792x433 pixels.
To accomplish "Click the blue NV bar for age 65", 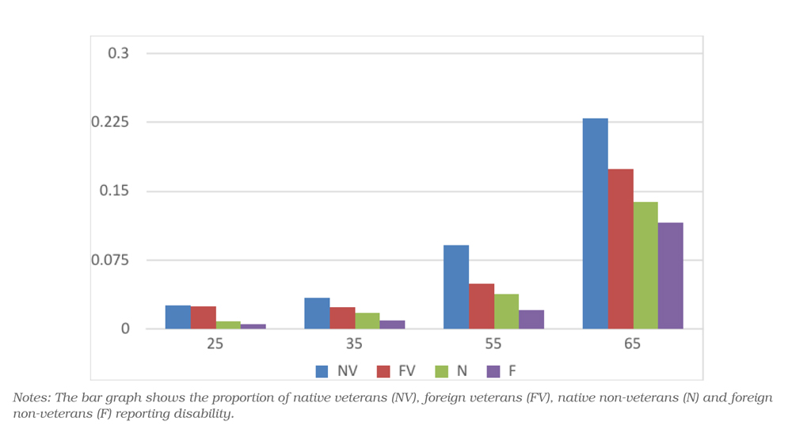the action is point(595,223).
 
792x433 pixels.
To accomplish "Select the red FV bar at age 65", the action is point(620,249).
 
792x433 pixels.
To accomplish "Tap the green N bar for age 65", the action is point(645,265).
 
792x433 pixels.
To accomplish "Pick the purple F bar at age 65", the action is point(670,275).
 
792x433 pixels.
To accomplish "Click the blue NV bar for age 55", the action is point(456,287).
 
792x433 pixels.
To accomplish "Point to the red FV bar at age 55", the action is point(482,306).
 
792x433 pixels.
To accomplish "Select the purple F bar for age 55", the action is point(531,320).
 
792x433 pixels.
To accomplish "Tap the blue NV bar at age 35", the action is point(317,313).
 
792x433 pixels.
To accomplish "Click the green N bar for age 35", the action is point(367,321).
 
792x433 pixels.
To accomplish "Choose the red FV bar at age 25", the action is point(203,317).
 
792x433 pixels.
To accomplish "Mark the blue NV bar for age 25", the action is point(177,317).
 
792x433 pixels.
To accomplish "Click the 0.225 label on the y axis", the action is point(110,122).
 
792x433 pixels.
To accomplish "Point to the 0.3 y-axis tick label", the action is point(119,53).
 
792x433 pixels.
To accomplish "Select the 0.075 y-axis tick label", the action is point(110,260).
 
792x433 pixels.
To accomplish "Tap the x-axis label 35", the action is point(354,344).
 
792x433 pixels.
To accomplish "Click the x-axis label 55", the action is point(493,344).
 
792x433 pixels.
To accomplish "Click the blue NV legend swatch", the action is point(322,371).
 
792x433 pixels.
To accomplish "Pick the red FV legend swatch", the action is point(383,371).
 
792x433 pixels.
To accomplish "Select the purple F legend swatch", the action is point(493,371).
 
